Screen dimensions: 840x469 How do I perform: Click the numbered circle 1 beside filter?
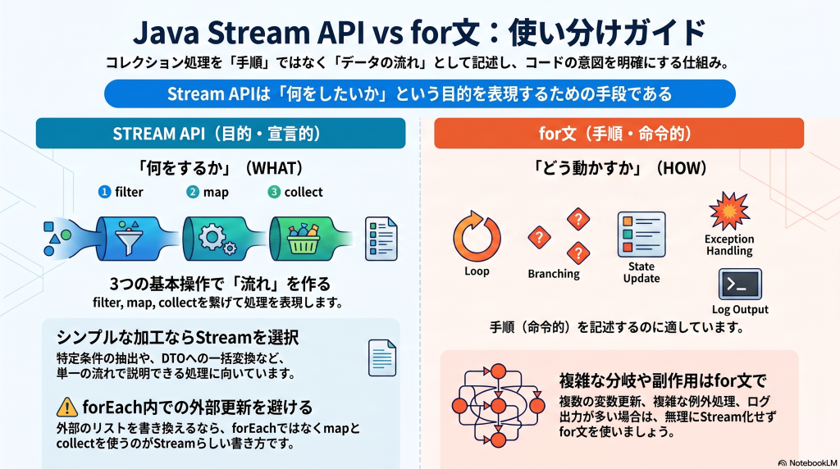coord(104,192)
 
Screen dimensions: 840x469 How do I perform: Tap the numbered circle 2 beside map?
coord(192,192)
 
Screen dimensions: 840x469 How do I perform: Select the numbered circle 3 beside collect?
coord(274,192)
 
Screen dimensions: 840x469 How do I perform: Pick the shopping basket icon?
coord(304,239)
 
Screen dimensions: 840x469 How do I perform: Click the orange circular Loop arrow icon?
coord(477,236)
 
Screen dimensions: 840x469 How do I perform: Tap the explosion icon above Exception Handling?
coord(729,211)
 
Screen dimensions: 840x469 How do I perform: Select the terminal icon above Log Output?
coord(740,285)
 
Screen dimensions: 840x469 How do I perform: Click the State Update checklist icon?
coord(641,234)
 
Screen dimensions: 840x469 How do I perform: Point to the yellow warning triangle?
coord(67,408)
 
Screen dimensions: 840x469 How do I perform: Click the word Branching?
coord(554,274)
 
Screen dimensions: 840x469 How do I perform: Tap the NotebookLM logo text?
coord(808,462)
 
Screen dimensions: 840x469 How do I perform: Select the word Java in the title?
coord(166,33)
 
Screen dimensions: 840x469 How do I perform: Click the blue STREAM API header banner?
coord(221,134)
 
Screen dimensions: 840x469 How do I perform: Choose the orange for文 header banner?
coord(619,134)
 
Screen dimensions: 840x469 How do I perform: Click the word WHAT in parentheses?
coord(273,168)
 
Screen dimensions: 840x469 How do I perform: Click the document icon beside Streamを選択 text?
coord(382,357)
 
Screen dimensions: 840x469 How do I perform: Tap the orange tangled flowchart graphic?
coord(498,405)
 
